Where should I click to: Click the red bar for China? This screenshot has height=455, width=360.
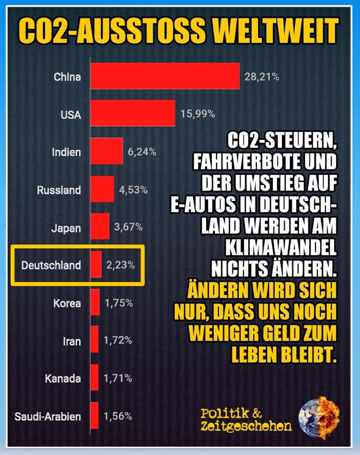165,76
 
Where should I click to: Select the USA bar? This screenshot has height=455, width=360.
133,114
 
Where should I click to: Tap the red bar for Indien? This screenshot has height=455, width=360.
106,152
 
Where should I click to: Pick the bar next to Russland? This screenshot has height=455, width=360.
102,190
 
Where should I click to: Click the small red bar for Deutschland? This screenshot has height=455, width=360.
96,264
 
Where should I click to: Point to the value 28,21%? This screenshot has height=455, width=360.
261,77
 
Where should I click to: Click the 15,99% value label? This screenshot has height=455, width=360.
198,114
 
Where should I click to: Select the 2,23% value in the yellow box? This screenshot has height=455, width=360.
120,265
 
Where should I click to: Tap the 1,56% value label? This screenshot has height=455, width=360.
118,417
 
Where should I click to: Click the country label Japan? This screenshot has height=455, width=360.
66,228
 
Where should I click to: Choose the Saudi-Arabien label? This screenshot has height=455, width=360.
47,417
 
